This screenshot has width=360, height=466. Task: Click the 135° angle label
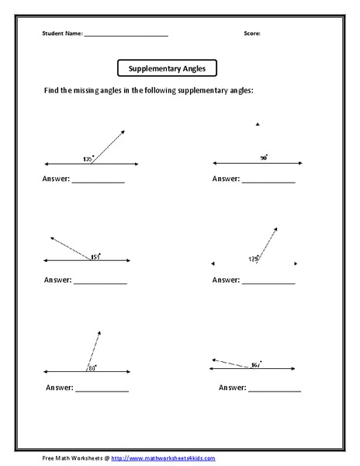[87, 159]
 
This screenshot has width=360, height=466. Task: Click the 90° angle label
[264, 157]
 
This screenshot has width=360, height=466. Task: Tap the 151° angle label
[95, 256]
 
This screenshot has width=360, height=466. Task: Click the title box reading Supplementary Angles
[167, 68]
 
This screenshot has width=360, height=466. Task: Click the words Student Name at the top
[61, 34]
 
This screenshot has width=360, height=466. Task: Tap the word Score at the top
[252, 34]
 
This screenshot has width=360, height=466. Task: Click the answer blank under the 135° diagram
[98, 182]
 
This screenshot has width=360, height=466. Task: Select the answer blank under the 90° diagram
[269, 182]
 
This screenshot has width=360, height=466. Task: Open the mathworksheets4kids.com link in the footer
[160, 457]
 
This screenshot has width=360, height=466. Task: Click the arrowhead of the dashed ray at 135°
[124, 132]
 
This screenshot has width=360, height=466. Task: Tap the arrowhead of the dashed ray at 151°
[50, 238]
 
